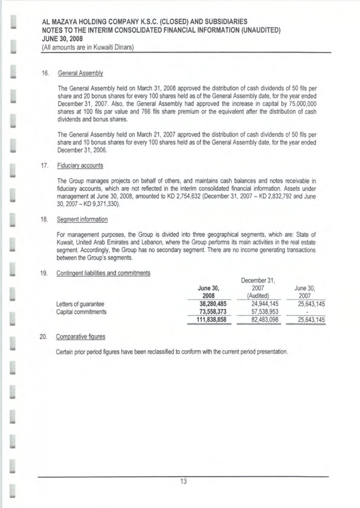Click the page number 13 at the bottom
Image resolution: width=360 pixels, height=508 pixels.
pyautogui.click(x=183, y=481)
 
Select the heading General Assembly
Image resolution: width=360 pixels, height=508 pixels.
pyautogui.click(x=80, y=73)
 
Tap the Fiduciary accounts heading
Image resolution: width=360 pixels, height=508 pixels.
pyautogui.click(x=80, y=165)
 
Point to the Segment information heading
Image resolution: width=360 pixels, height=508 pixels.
pyautogui.click(x=82, y=219)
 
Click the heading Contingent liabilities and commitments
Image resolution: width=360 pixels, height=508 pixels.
pyautogui.click(x=103, y=273)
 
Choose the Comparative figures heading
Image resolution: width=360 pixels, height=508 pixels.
pyautogui.click(x=80, y=336)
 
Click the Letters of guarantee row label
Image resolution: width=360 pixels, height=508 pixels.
pyautogui.click(x=80, y=304)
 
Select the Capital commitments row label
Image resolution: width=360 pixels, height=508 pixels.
pyautogui.click(x=81, y=312)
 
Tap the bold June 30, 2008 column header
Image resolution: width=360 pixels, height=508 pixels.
pyautogui.click(x=208, y=291)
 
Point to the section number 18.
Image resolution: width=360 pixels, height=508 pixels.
pyautogui.click(x=44, y=219)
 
